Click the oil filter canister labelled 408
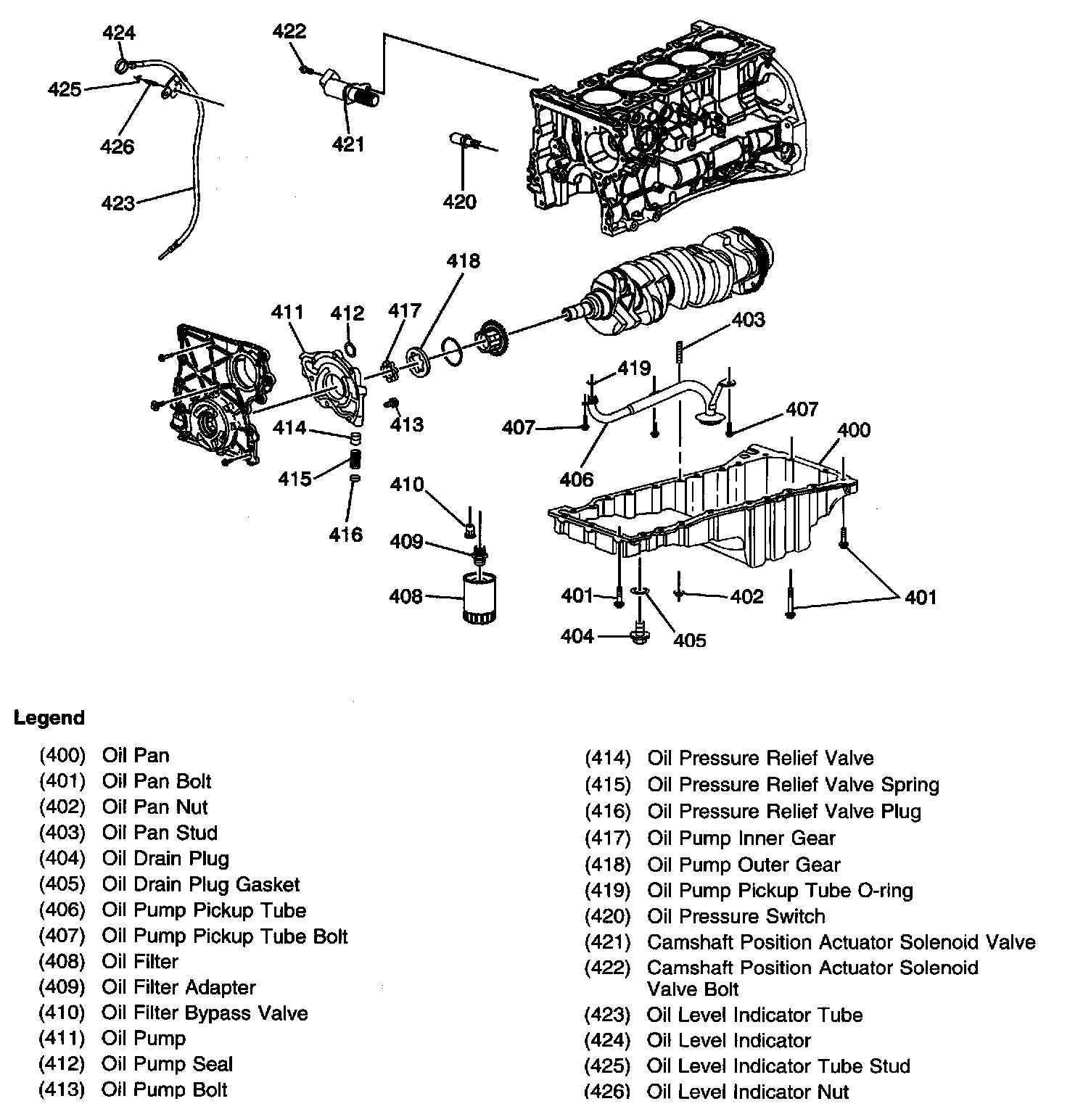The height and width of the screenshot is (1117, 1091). (479, 597)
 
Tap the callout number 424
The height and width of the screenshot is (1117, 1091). (118, 33)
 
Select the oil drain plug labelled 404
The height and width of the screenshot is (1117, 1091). (639, 633)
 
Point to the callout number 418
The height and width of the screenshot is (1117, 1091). (463, 261)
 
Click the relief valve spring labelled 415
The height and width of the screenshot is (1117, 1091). (355, 460)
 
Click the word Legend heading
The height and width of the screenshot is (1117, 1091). (49, 718)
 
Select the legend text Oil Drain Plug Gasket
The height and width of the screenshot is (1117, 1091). (200, 885)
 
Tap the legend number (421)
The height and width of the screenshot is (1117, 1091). (607, 942)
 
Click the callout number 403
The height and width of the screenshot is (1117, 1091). (748, 320)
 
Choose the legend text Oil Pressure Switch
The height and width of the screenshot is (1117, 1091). (736, 917)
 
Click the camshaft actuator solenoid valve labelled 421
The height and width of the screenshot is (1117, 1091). (348, 91)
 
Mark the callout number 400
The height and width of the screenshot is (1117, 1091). (853, 430)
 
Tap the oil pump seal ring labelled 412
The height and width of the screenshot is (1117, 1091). (350, 350)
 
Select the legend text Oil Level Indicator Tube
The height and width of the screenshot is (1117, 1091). (754, 1015)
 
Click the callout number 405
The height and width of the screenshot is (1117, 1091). (689, 640)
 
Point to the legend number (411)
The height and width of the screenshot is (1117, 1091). (62, 1039)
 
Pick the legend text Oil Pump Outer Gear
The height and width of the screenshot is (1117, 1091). (744, 865)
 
